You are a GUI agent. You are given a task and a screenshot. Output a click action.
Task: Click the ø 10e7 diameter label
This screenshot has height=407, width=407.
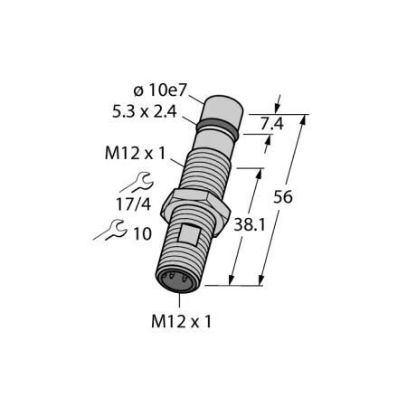pos(160,90)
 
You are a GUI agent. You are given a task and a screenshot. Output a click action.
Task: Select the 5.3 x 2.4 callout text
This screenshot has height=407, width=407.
pos(144,112)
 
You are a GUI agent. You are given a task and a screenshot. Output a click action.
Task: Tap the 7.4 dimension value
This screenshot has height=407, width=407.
pos(272,124)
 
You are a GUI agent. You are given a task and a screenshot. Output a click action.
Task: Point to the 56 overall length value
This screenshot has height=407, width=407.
pos(283,197)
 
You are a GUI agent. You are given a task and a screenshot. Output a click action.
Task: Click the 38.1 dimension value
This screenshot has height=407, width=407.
pos(250,224)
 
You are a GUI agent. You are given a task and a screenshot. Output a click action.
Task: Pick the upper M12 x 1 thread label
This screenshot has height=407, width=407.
pos(136,153)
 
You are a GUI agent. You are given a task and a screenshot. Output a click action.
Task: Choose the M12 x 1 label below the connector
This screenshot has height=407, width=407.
pos(182,321)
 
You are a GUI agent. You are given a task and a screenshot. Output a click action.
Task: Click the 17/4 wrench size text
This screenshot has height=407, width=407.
pos(133,204)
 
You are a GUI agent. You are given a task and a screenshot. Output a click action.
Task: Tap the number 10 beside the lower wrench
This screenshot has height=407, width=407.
pos(142,233)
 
